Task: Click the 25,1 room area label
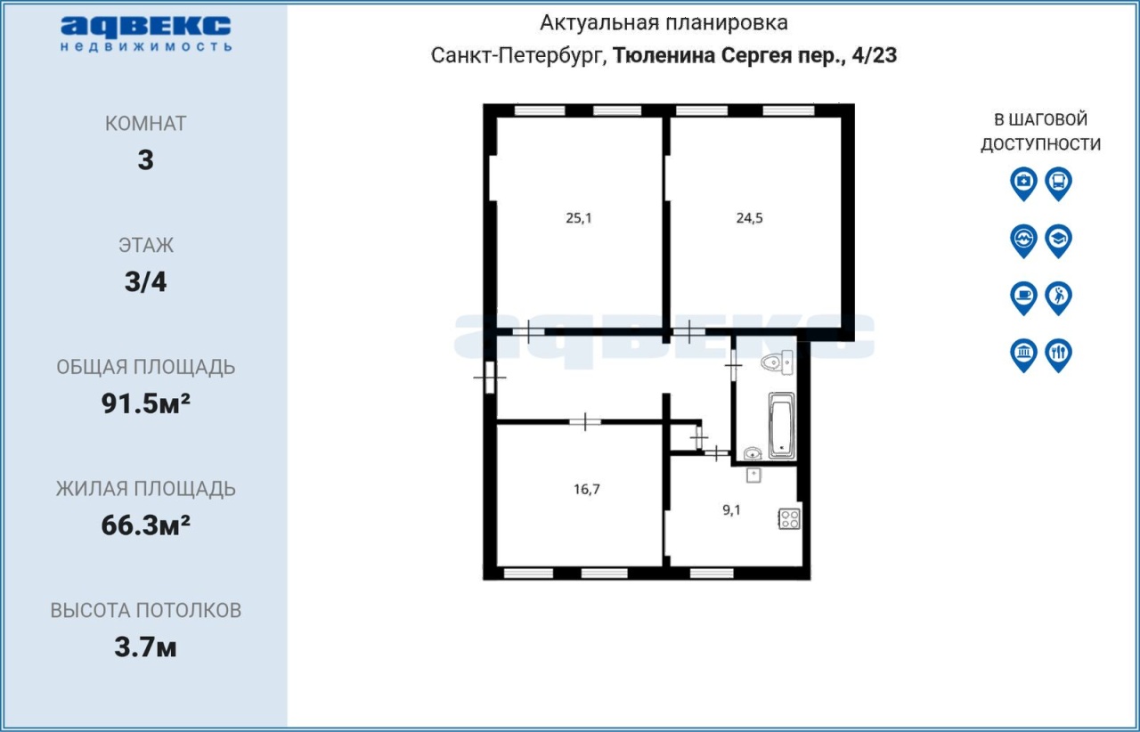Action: point(579,218)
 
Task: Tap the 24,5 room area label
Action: point(749,218)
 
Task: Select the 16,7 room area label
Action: point(587,489)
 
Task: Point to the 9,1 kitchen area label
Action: point(731,510)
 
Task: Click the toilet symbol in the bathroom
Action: point(778,362)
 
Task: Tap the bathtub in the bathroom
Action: point(782,426)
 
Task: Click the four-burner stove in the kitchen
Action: point(789,519)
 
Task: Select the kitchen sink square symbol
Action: point(753,476)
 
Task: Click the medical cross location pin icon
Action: point(1023,183)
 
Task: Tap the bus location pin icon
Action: point(1059,183)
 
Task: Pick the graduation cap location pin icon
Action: point(1059,240)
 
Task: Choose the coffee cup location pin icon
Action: point(1023,298)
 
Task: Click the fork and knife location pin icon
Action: point(1059,355)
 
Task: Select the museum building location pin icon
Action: point(1023,355)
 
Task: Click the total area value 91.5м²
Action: point(145,403)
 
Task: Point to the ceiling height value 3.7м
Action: point(145,647)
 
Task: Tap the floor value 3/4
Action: point(145,281)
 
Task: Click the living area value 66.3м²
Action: point(145,525)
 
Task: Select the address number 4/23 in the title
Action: point(875,55)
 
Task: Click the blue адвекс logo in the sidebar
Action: point(146,34)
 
